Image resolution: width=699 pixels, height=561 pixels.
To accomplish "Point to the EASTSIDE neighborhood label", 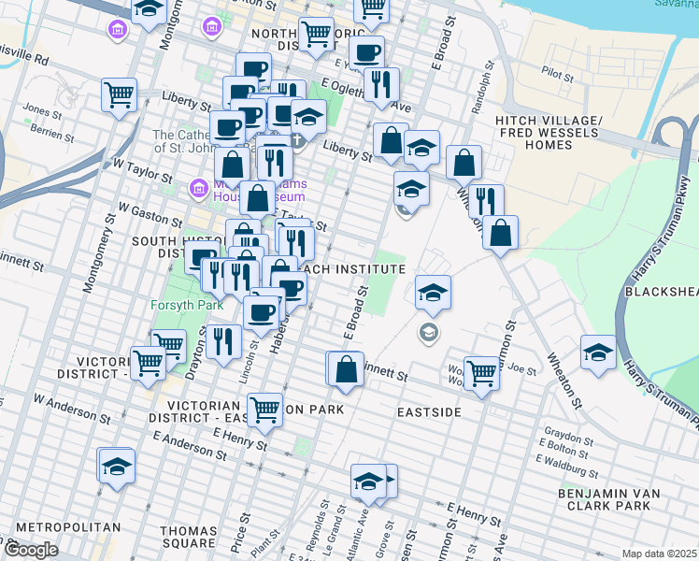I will pyautogui.click(x=429, y=411).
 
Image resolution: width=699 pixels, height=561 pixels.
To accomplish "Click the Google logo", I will pyautogui.click(x=30, y=550).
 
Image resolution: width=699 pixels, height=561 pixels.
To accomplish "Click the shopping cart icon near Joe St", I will pyautogui.click(x=481, y=371).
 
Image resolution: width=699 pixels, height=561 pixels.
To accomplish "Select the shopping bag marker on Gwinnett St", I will pyautogui.click(x=346, y=367).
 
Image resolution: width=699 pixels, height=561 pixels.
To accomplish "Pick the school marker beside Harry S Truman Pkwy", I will pyautogui.click(x=598, y=352).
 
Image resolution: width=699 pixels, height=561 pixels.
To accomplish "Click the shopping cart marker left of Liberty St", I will pyautogui.click(x=121, y=93).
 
